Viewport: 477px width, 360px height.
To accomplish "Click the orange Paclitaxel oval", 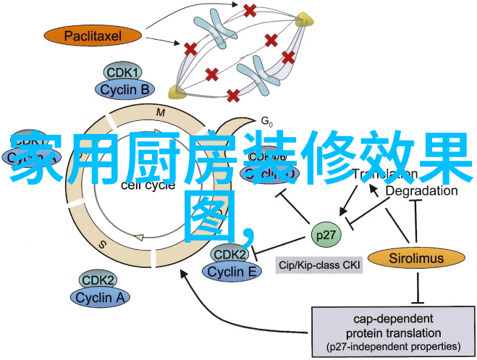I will [93, 35].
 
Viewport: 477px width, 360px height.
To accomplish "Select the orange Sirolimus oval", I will [415, 256].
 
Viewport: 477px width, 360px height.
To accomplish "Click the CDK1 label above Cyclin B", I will [124, 73].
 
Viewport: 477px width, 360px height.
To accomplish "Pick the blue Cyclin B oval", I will [124, 90].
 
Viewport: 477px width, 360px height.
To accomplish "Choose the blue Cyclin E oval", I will [232, 272].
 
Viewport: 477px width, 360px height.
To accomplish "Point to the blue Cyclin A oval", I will [101, 296].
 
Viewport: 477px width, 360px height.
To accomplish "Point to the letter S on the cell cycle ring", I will [103, 245].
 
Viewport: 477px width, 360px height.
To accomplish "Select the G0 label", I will [266, 120].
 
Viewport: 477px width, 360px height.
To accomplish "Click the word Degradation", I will [421, 191].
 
